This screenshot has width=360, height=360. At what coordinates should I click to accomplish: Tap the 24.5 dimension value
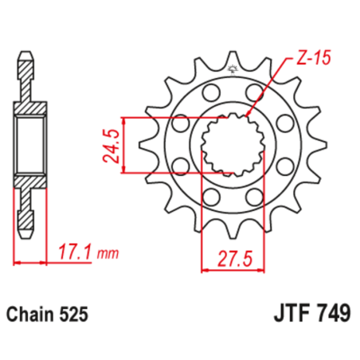pos(114,144)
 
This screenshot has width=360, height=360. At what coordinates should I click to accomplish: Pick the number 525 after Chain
pos(77,315)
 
